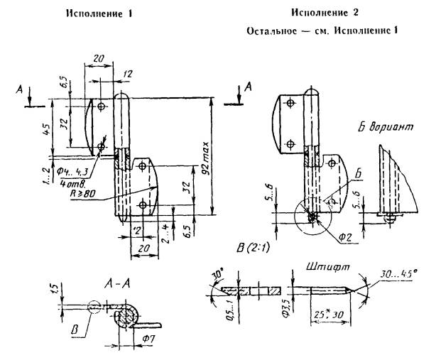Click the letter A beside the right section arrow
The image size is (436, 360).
point(248,87)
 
